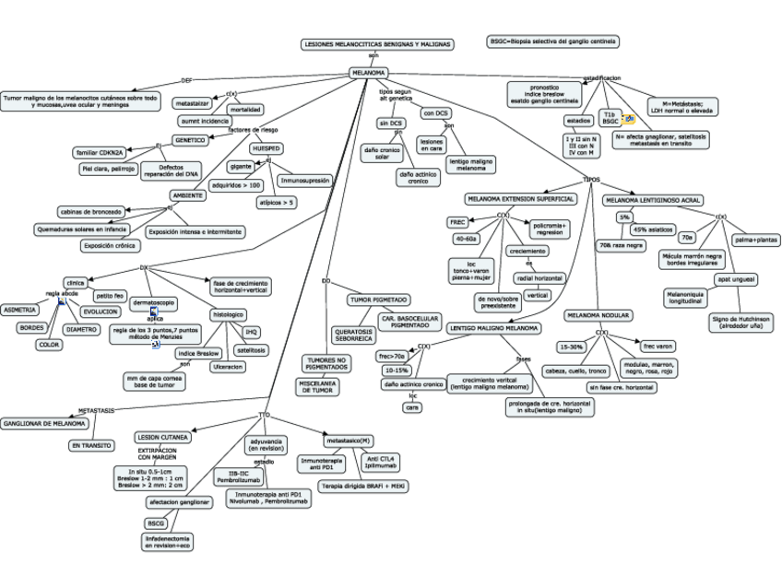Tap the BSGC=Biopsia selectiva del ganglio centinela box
coord(553,41)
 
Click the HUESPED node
coord(266,147)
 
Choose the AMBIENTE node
coord(188,195)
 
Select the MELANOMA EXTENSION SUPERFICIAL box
coord(521,198)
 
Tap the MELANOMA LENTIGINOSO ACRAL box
coord(653,199)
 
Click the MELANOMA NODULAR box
coord(598,315)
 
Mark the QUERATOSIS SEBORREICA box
coord(353,335)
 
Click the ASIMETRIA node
coord(19,310)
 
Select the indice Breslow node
coord(197,353)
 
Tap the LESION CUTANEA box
coord(163,436)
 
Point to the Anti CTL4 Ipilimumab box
coord(381,461)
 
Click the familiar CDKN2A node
coord(99,152)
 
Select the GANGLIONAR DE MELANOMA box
coord(44,423)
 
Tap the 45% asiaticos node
coord(652,229)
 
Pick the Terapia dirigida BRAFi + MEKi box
coord(363,485)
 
